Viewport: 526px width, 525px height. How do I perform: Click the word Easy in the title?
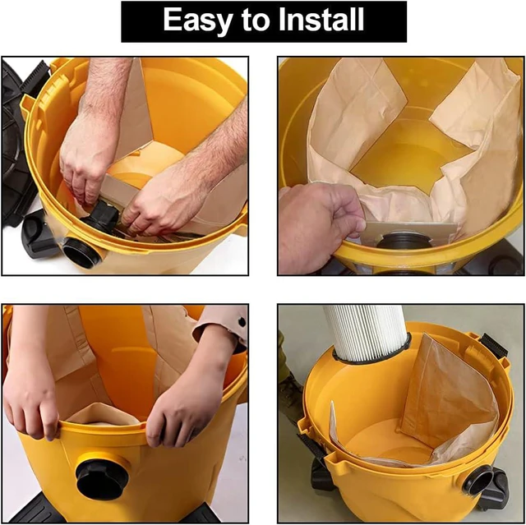click(x=198, y=21)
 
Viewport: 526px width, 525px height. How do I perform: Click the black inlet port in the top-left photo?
click(x=81, y=252)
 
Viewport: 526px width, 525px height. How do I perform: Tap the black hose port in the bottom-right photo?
click(x=479, y=480)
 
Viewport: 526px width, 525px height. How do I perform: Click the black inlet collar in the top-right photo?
click(x=404, y=239)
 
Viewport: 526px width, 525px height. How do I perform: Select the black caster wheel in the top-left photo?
click(x=37, y=235)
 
